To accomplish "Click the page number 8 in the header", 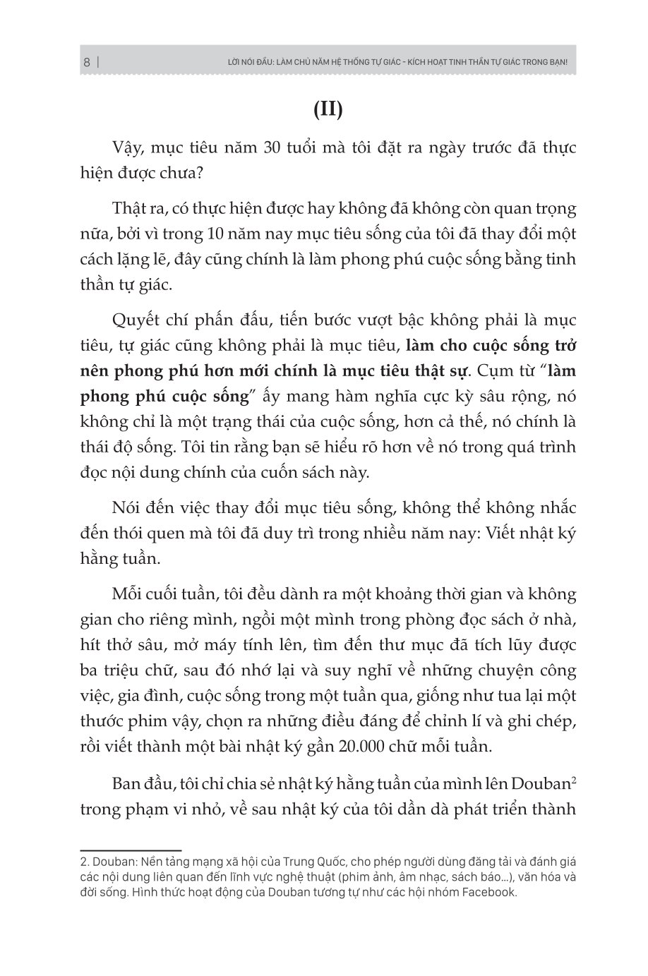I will click(86, 62).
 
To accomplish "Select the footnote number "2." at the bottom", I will click(84, 862).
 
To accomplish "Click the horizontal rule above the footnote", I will click(131, 851).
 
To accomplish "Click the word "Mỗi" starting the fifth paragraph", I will click(128, 594).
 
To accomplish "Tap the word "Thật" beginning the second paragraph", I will click(131, 209).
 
